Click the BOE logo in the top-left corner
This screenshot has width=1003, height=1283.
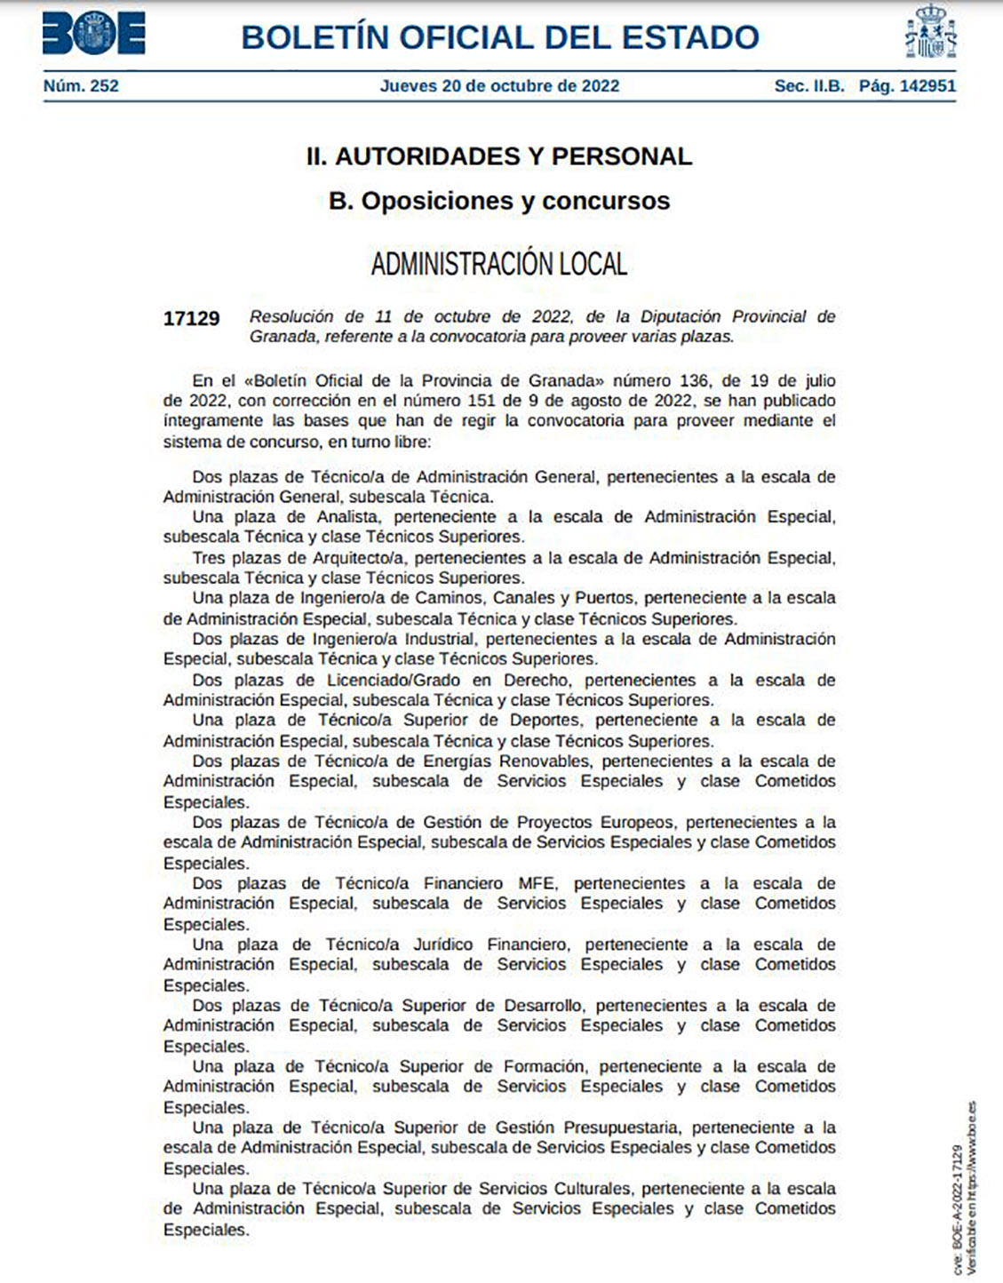click(93, 35)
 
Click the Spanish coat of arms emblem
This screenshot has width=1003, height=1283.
click(930, 33)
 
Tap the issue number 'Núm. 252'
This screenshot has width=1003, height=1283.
click(81, 86)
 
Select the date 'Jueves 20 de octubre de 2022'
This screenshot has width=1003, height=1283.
click(499, 86)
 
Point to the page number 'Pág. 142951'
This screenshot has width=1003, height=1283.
click(907, 86)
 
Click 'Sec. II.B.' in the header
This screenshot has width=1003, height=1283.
click(809, 86)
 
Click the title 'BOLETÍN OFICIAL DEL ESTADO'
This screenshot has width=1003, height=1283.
click(500, 37)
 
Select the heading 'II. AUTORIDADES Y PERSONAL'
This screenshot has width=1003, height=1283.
click(499, 156)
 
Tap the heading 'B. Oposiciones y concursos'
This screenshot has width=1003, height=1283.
click(499, 201)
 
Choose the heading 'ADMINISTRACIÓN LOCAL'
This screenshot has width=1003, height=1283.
click(499, 264)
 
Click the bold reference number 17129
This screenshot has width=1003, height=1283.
click(191, 318)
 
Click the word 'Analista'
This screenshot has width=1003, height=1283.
click(348, 517)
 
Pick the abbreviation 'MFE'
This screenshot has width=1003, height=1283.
click(537, 883)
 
